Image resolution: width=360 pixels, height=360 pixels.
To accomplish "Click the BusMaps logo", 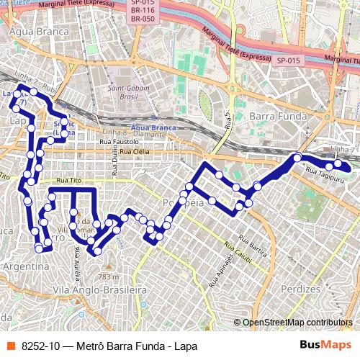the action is pos(326,345).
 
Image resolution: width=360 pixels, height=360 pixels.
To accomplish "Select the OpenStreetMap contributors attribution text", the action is pos(297,322).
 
